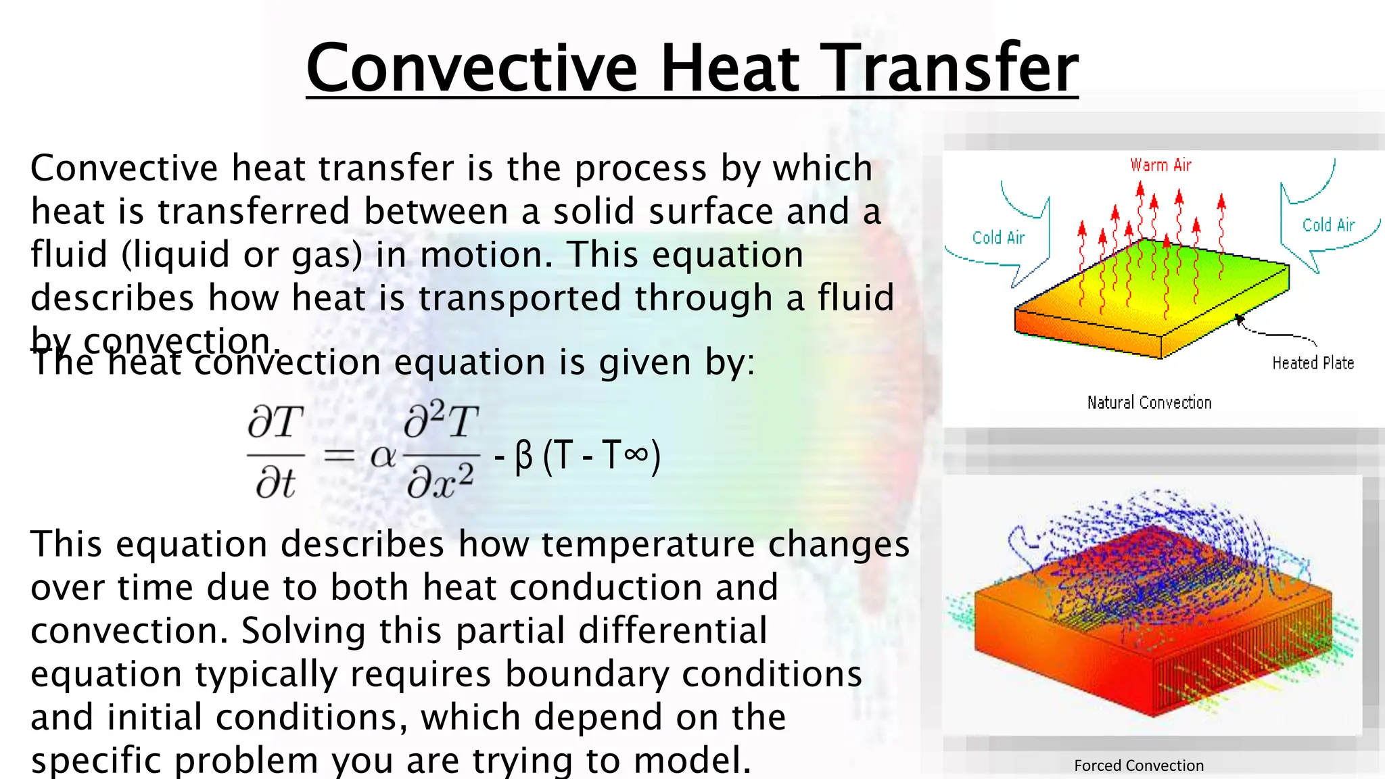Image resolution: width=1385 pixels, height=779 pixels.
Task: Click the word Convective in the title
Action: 471,68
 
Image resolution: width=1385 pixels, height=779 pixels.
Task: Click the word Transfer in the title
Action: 952,68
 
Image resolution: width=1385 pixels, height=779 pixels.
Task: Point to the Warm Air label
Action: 1160,165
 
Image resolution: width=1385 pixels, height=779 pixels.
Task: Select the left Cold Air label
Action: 998,238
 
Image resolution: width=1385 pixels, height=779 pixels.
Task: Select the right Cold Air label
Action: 1328,225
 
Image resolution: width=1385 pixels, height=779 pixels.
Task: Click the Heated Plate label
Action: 1313,363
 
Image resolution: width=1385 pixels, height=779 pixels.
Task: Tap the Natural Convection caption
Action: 1149,403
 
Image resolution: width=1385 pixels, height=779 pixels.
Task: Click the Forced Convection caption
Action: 1139,765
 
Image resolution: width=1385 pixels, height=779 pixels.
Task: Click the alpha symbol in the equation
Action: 383,456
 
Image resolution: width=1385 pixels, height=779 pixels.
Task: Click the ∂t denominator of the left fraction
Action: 275,483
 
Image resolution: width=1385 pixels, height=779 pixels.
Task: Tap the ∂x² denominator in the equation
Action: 440,483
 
